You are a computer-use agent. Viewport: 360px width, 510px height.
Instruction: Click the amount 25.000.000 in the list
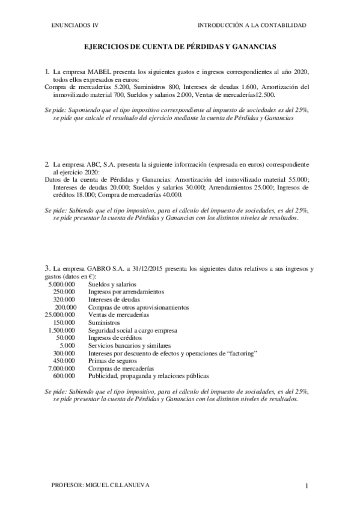pyautogui.click(x=60, y=315)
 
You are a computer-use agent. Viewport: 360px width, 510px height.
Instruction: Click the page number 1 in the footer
pyautogui.click(x=307, y=485)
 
